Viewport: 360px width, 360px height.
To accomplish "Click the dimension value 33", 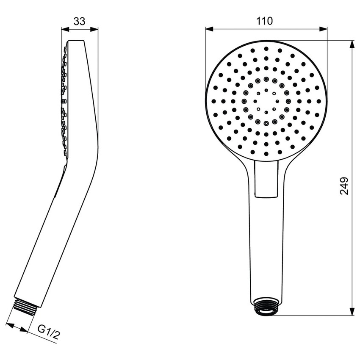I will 79,21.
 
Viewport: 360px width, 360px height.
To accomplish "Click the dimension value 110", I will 266,20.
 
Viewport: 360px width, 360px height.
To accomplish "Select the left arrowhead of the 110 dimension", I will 208,29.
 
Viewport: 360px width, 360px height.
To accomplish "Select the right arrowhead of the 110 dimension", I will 324,29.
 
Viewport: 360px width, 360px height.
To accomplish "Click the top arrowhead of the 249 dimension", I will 352,44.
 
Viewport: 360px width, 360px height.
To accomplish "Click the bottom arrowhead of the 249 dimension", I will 352,312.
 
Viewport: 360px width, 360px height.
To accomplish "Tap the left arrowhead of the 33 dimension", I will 64,29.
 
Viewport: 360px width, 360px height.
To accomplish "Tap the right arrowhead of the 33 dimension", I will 95,29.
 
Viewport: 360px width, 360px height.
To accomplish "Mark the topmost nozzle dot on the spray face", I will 266,49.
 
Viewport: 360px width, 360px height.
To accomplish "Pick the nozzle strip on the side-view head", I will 65,102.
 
